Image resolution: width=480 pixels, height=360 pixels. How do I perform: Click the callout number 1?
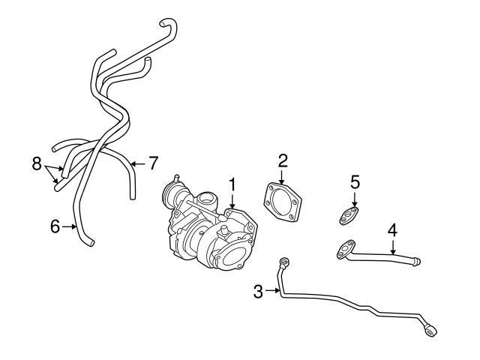tap(232, 183)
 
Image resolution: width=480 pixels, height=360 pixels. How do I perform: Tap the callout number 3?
tap(258, 291)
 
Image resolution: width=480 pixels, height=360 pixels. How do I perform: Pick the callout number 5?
tap(355, 182)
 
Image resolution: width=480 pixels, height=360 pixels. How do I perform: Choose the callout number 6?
tap(55, 225)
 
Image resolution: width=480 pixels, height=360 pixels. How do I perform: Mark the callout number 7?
tap(153, 161)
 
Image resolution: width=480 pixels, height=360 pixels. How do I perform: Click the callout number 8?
tap(36, 164)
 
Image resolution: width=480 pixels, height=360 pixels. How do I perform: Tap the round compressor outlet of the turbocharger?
tap(235, 253)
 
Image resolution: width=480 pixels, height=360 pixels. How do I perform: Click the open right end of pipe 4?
tap(415, 261)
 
